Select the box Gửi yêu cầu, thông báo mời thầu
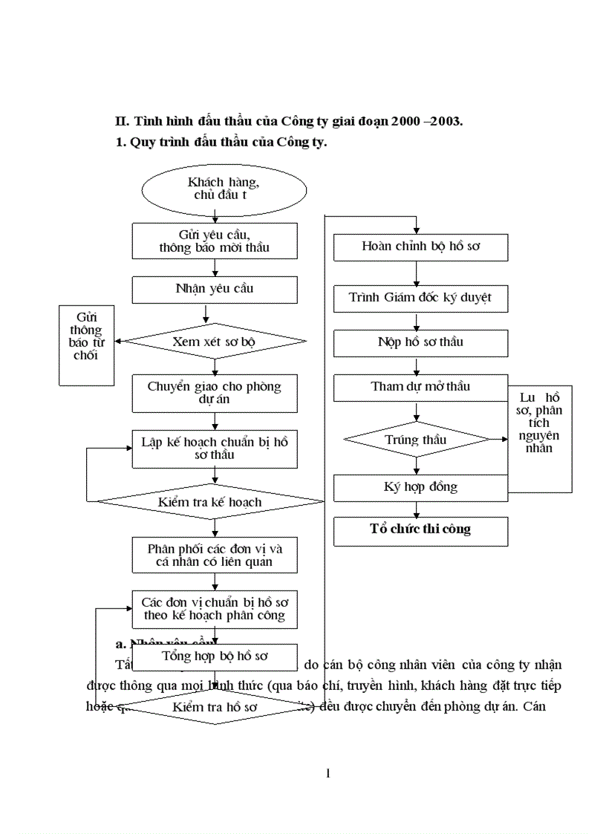tap(215, 240)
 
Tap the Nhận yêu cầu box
tap(215, 288)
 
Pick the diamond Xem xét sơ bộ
tap(215, 342)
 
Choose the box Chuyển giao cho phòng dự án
tap(215, 394)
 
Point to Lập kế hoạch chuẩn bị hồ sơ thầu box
tap(215, 449)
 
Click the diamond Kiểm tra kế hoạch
tap(210, 502)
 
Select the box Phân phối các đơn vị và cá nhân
tap(215, 555)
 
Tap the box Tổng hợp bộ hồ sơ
tap(215, 657)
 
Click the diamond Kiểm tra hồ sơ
tap(215, 707)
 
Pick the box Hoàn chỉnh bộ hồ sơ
tap(421, 247)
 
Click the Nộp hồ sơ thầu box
tap(421, 342)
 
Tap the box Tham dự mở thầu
tap(421, 387)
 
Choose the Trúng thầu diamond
tap(416, 440)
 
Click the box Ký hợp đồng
tap(421, 487)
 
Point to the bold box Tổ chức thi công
tap(421, 530)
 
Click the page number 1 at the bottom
tap(328, 773)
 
